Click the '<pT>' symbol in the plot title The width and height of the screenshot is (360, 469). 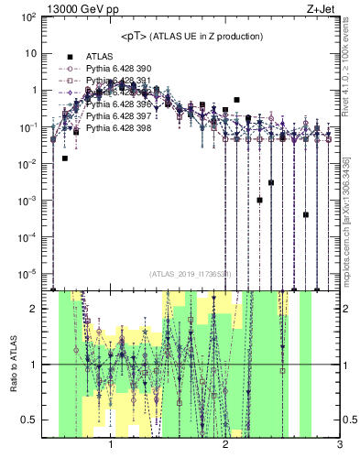tap(136, 36)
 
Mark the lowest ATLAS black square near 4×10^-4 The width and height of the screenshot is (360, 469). tap(306, 214)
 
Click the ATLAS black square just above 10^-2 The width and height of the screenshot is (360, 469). tap(65, 158)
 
